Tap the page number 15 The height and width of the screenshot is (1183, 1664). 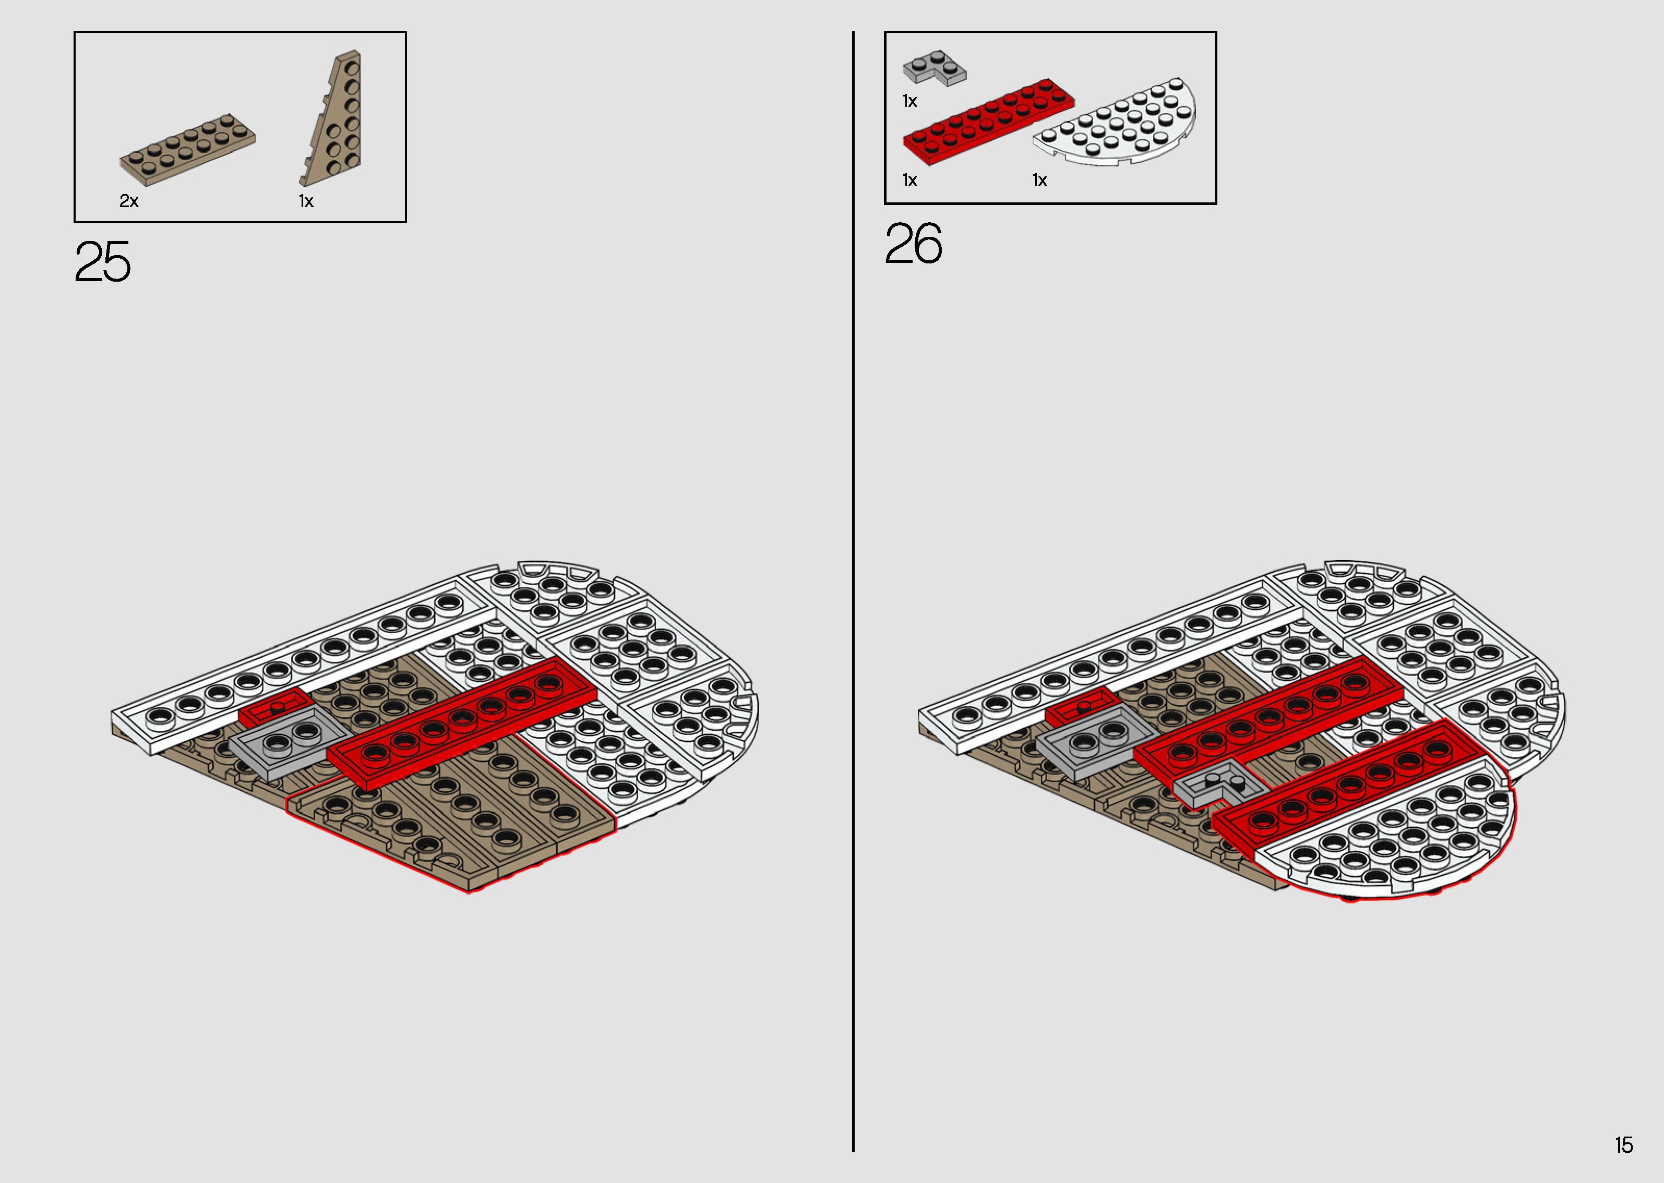pyautogui.click(x=1624, y=1145)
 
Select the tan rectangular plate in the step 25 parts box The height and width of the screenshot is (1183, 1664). pyautogui.click(x=187, y=149)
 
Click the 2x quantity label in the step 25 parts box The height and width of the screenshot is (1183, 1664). pyautogui.click(x=129, y=201)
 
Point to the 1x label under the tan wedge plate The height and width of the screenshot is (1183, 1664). pyautogui.click(x=306, y=201)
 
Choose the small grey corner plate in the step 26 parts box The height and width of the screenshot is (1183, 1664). pyautogui.click(x=934, y=68)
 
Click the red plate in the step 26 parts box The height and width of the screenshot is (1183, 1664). pyautogui.click(x=987, y=121)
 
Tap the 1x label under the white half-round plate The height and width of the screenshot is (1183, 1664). pyautogui.click(x=1039, y=180)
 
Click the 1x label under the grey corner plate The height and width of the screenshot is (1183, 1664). pyautogui.click(x=910, y=101)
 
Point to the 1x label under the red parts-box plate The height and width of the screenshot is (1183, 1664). pyautogui.click(x=910, y=180)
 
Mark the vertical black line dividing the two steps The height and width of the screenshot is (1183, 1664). pyautogui.click(x=853, y=583)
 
